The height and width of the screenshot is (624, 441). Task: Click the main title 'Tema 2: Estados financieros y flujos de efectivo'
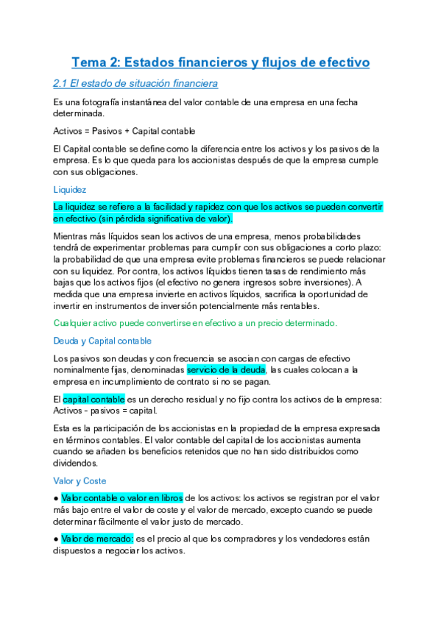pos(220,63)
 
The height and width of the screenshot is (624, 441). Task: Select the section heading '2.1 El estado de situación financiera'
pos(135,83)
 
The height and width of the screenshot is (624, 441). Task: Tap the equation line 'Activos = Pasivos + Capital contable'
pos(124,131)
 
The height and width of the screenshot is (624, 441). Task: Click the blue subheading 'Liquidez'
pos(70,189)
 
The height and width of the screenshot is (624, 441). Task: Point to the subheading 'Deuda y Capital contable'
pos(102,341)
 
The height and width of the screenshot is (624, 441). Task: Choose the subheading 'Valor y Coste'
pos(80,481)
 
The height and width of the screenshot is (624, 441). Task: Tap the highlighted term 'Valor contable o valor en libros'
pos(122,498)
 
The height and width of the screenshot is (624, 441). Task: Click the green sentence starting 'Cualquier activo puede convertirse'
pos(195,323)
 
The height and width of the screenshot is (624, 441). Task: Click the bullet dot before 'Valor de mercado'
pos(56,539)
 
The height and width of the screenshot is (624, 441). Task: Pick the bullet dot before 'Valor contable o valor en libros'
pos(56,498)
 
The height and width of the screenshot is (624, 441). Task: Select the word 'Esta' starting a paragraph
pos(63,428)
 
